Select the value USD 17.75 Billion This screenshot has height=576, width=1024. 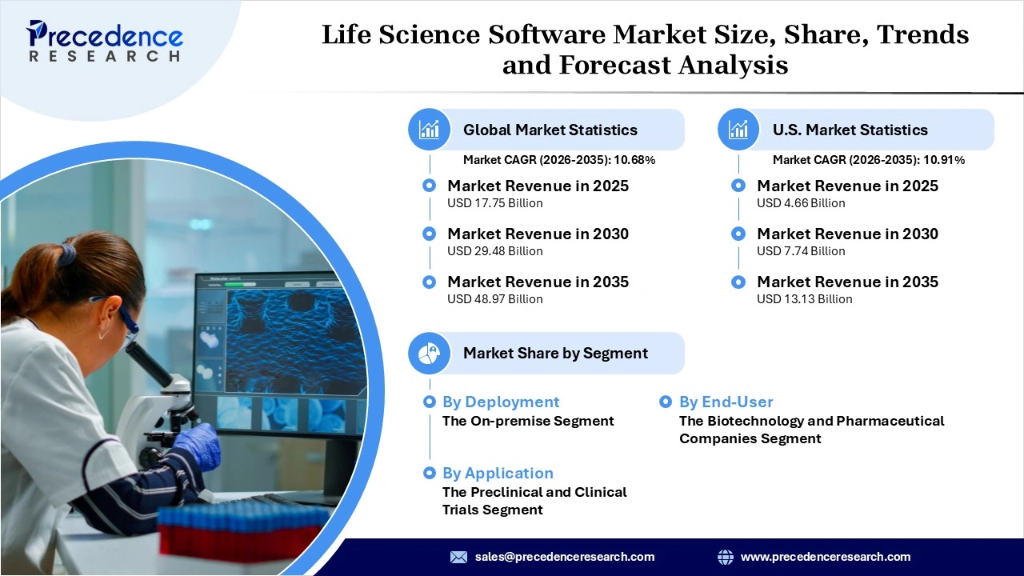tap(494, 203)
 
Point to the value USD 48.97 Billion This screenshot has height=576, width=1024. tap(494, 299)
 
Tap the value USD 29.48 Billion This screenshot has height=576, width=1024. tap(494, 251)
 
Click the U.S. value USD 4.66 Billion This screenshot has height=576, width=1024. tap(801, 203)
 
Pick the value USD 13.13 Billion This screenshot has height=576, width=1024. tap(804, 299)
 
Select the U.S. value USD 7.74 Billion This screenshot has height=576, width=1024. tap(801, 251)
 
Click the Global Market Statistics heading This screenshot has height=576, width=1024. tap(550, 130)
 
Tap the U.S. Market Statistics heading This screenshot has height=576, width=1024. tap(850, 130)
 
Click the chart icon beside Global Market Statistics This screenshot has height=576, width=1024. tap(430, 130)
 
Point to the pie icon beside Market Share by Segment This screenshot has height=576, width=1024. tap(430, 353)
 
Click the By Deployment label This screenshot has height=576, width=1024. tap(501, 402)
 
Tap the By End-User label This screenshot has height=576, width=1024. tap(726, 402)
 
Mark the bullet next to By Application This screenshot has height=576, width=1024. tap(430, 473)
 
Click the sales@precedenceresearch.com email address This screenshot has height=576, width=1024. tap(564, 557)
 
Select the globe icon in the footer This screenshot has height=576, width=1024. tap(726, 557)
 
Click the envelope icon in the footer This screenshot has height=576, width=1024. tap(458, 557)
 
